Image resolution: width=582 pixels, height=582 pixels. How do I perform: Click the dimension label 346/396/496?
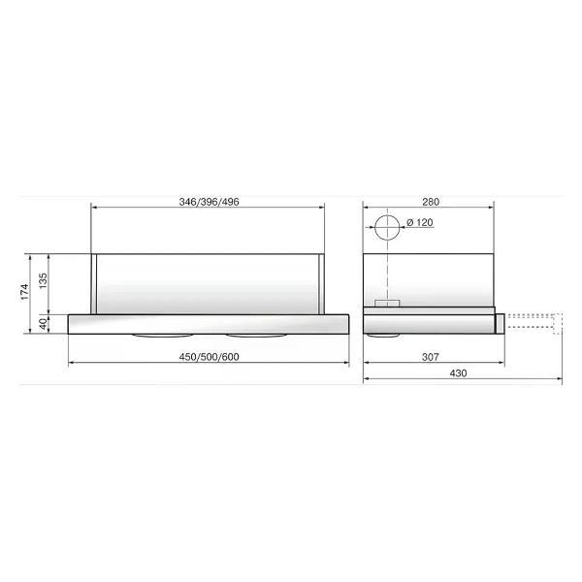point(209,202)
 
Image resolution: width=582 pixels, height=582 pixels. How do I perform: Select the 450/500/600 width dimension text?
point(209,357)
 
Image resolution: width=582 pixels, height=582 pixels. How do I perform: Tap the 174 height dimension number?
point(24,292)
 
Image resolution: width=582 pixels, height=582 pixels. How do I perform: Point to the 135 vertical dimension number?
point(43,281)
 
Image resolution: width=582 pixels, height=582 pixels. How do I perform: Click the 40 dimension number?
point(43,324)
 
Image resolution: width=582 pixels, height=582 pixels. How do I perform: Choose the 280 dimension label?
point(431,202)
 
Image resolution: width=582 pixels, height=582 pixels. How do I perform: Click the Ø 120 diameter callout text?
point(420,223)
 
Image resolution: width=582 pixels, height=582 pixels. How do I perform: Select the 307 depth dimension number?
point(431,357)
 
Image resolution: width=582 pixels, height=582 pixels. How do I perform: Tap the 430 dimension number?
point(458,373)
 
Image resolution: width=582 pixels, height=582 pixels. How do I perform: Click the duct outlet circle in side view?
point(387,215)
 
